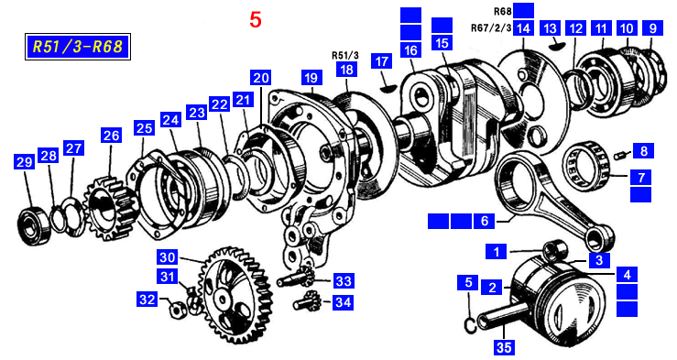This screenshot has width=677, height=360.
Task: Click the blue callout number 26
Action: click(112, 135)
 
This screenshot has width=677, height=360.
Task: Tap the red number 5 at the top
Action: click(256, 20)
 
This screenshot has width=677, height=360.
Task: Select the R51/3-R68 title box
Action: click(78, 47)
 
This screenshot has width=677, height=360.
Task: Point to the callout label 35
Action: click(504, 347)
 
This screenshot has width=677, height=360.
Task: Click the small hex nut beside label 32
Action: click(177, 308)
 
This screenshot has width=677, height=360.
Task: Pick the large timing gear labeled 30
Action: click(236, 294)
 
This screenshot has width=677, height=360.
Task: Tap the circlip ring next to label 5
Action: click(471, 324)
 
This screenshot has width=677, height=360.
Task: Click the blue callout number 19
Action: click(311, 78)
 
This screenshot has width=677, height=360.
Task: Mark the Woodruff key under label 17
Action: click(387, 88)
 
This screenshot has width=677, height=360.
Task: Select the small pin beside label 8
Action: click(620, 154)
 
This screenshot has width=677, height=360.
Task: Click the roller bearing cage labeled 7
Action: click(586, 162)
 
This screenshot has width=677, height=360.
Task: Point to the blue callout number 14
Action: click(523, 28)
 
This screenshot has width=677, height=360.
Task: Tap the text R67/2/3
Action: click(491, 28)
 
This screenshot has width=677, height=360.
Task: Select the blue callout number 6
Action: click(485, 221)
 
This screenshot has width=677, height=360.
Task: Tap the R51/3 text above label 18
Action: click(345, 55)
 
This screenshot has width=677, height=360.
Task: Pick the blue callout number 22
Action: click(219, 104)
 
